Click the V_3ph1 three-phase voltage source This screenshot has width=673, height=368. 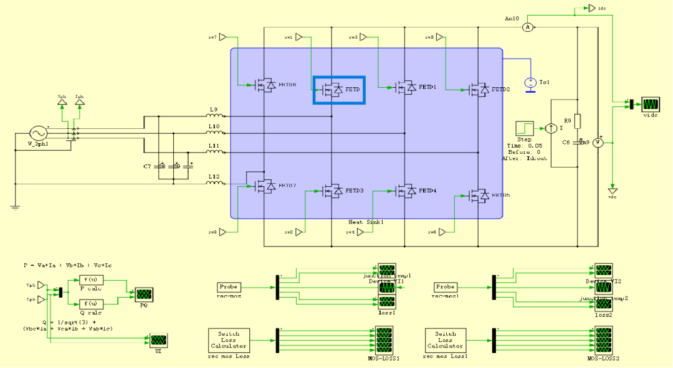click(38, 133)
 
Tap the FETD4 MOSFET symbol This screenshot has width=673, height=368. click(406, 191)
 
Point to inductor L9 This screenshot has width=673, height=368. click(214, 115)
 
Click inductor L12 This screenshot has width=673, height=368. click(214, 183)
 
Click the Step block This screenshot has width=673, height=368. click(524, 129)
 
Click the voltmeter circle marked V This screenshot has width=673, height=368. click(597, 143)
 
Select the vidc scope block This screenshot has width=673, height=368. click(651, 104)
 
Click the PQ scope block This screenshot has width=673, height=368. click(144, 295)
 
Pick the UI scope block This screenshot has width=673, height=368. click(158, 341)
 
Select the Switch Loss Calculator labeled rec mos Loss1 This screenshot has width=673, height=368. click(446, 341)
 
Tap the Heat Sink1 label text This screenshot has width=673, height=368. click(366, 222)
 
